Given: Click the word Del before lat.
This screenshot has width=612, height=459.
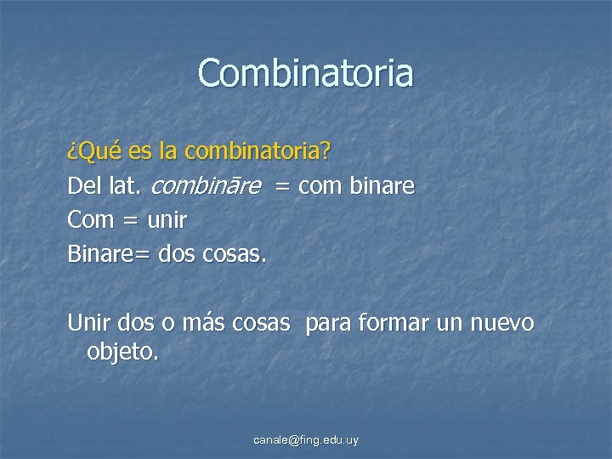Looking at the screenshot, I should tap(85, 186).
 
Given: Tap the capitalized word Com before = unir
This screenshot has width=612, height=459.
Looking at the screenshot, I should tap(90, 219).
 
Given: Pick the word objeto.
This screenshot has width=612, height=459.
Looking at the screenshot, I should tap(122, 351).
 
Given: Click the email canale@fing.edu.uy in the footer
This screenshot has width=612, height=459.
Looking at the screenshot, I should tap(306, 440).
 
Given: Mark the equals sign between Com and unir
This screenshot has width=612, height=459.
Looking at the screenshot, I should tap(130, 220).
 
